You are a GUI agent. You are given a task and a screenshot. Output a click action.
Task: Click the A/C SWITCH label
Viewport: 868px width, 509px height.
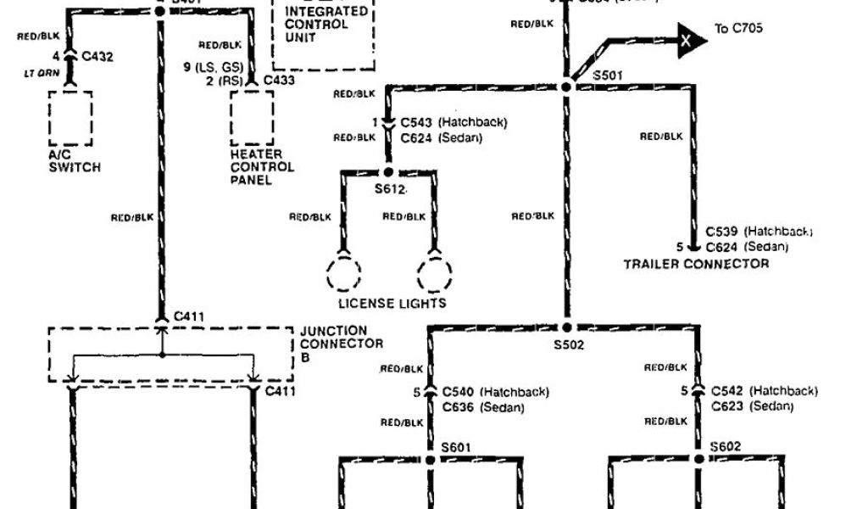[74, 161]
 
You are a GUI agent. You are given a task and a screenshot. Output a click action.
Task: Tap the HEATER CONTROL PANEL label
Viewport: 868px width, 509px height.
[262, 167]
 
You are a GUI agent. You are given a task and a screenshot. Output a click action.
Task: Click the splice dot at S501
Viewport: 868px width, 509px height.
[567, 86]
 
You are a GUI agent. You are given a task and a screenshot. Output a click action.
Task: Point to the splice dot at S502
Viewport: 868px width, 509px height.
[567, 327]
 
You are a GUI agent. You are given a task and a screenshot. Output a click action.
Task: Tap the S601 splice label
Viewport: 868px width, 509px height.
[455, 447]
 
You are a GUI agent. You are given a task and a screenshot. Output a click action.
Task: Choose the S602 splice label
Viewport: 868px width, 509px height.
[726, 447]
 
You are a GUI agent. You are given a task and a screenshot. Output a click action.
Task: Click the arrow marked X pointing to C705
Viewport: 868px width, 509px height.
[691, 38]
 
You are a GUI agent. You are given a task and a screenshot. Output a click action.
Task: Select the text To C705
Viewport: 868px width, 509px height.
[738, 29]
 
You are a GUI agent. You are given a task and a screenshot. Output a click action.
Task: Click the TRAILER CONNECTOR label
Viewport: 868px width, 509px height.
[696, 264]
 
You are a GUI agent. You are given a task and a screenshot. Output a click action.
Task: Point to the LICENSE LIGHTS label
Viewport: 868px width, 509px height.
[392, 303]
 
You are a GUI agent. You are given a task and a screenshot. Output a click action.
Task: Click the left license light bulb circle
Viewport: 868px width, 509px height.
[343, 274]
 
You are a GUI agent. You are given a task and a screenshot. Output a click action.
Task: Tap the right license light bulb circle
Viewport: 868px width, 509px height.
[434, 274]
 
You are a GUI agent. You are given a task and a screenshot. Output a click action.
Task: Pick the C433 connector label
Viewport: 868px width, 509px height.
[279, 81]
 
